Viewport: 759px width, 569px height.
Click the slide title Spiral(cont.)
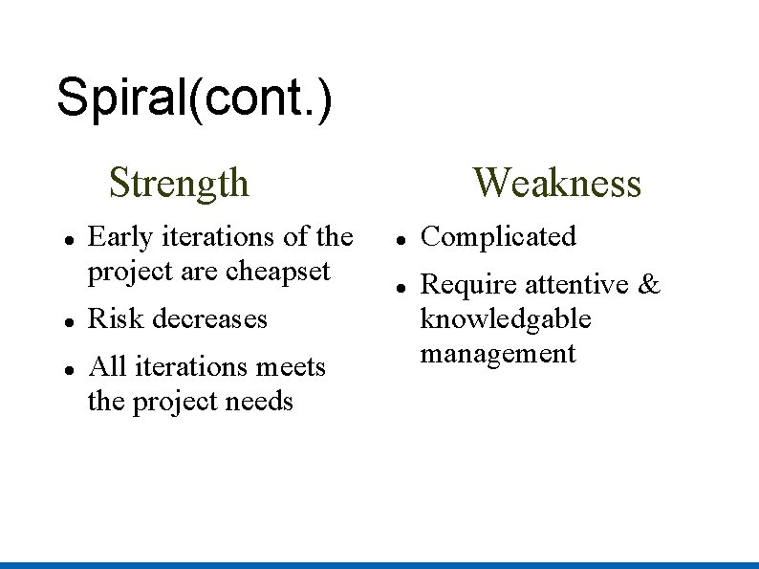pos(195,98)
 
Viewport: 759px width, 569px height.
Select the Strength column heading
pos(179,182)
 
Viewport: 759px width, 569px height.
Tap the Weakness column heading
pos(556,182)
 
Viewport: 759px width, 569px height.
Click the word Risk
pos(110,318)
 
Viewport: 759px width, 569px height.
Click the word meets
pos(290,366)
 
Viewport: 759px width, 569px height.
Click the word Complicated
pos(498,236)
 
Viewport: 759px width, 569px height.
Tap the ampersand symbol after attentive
pos(649,284)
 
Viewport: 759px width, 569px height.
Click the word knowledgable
pos(506,318)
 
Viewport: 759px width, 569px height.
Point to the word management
pos(498,353)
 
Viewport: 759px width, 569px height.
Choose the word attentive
pos(576,284)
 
